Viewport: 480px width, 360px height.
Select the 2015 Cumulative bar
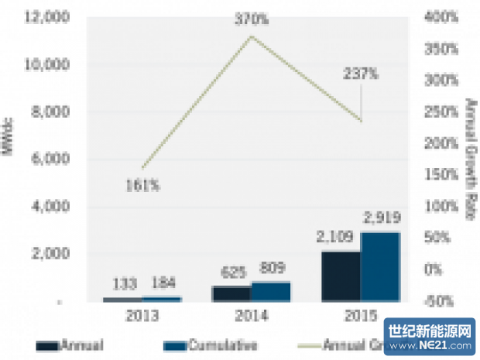click(381, 266)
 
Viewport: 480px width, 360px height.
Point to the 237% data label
click(362, 74)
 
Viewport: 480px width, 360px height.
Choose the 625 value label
click(231, 273)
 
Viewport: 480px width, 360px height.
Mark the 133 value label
click(122, 283)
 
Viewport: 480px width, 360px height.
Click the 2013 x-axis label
click(142, 317)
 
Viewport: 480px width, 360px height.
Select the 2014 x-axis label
click(251, 317)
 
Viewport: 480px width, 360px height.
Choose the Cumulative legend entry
click(210, 345)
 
